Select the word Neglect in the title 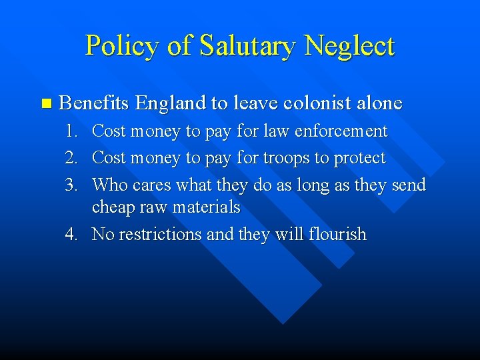click(x=349, y=45)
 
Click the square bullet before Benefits click(x=45, y=103)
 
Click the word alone click(x=379, y=103)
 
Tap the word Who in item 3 click(x=111, y=184)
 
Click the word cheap click(x=113, y=207)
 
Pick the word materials click(x=207, y=207)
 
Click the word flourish click(x=336, y=235)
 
